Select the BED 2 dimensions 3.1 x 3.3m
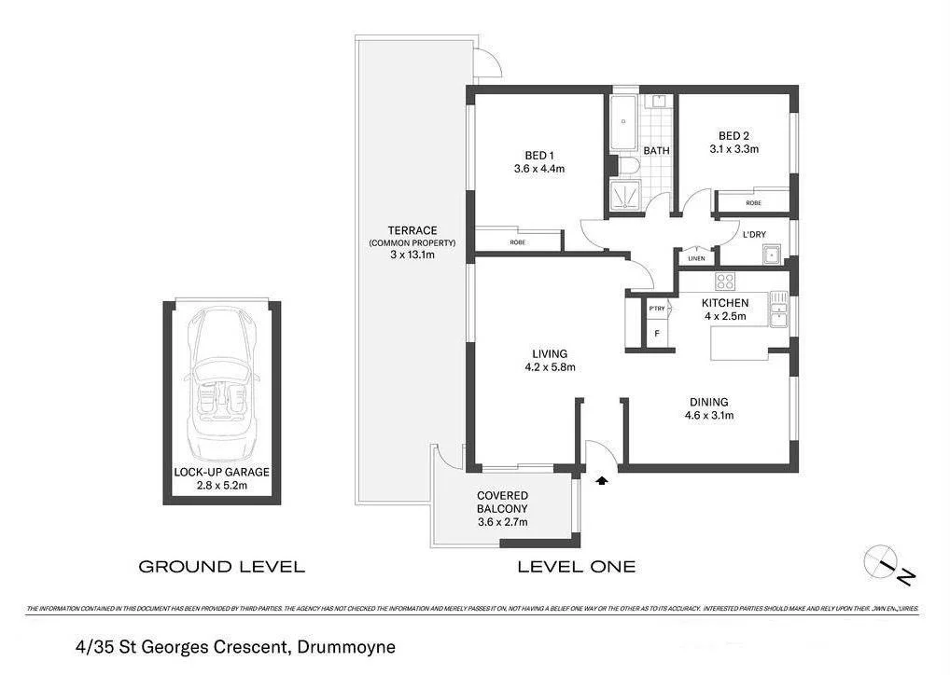click(733, 148)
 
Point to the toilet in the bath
click(628, 166)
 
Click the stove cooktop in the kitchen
click(725, 282)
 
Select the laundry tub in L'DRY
click(771, 254)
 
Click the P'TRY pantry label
click(656, 308)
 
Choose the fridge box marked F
click(657, 334)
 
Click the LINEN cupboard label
click(696, 258)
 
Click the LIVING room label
click(550, 353)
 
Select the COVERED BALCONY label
click(503, 502)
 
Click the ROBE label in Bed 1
click(517, 242)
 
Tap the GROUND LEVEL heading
click(221, 566)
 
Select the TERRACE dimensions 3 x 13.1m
click(413, 255)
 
